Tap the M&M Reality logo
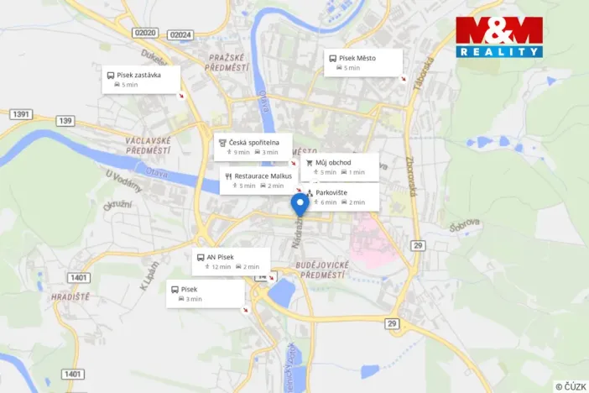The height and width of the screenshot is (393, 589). [x=499, y=36]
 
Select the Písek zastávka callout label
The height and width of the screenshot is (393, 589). [x=142, y=79]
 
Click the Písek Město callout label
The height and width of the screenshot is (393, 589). [x=363, y=62]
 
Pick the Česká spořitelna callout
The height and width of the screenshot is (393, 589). [x=253, y=147]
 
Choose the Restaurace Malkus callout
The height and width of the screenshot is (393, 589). [x=258, y=180]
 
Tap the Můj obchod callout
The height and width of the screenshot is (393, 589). [x=339, y=166]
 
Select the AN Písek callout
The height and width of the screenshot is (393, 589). [x=231, y=261]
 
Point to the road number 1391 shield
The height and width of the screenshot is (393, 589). [x=21, y=113]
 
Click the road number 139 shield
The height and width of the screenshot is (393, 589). [x=65, y=121]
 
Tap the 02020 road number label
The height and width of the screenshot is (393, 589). [x=144, y=34]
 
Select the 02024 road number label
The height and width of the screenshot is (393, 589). [x=180, y=34]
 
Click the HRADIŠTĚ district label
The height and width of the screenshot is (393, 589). [x=70, y=296]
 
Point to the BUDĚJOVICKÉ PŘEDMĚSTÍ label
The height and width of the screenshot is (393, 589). [x=321, y=269]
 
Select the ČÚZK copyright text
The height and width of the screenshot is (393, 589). [x=570, y=385]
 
